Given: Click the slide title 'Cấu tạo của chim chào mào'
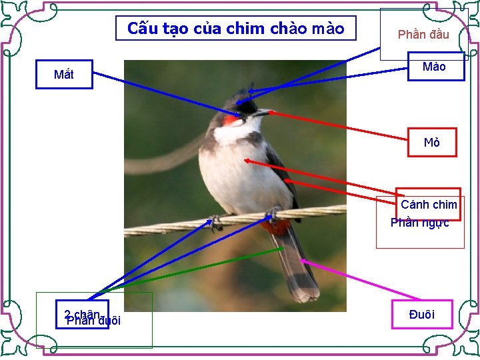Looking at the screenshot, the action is [235, 29].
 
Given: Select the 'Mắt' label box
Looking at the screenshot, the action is [64, 75].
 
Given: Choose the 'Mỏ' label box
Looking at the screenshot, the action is [432, 143].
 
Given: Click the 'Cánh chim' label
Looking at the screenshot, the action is [429, 204].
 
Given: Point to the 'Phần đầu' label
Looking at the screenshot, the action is [423, 35].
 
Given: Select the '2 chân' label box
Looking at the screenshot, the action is [82, 314].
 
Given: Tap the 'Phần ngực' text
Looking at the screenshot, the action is [420, 223].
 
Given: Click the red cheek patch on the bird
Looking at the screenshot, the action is [231, 121].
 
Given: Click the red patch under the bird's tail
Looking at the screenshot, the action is [277, 227].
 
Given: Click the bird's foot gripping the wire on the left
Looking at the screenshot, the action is [215, 222].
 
